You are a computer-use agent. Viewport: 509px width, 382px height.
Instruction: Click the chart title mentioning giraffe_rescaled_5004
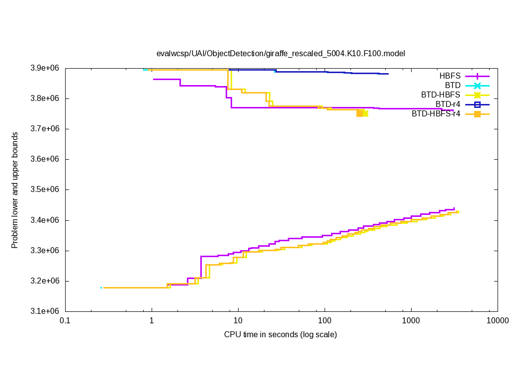pyautogui.click(x=281, y=53)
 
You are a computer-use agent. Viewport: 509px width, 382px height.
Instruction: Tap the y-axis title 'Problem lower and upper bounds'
pyautogui.click(x=15, y=190)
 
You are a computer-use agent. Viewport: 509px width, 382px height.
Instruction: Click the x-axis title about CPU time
pyautogui.click(x=280, y=334)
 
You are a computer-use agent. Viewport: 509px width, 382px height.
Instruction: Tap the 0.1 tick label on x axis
pyautogui.click(x=65, y=321)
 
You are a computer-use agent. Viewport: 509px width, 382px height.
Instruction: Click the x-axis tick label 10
pyautogui.click(x=238, y=321)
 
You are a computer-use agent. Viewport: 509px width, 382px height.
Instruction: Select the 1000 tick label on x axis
pyautogui.click(x=411, y=321)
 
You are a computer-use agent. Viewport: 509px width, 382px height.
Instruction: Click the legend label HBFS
pyautogui.click(x=450, y=76)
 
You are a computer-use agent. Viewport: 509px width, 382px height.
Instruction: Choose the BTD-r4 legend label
pyautogui.click(x=448, y=104)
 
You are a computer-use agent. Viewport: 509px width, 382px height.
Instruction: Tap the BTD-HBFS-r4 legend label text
pyautogui.click(x=436, y=114)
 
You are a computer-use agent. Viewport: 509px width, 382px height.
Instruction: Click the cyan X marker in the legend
pyautogui.click(x=477, y=86)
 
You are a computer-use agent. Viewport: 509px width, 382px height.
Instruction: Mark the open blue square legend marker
pyautogui.click(x=477, y=104)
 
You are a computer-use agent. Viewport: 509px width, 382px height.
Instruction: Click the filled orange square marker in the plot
pyautogui.click(x=360, y=113)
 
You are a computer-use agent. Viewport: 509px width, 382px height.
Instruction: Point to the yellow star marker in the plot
pyautogui.click(x=365, y=113)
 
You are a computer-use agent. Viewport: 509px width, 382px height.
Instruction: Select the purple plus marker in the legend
pyautogui.click(x=477, y=76)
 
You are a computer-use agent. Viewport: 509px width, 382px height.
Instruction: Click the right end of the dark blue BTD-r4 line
pyautogui.click(x=388, y=74)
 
